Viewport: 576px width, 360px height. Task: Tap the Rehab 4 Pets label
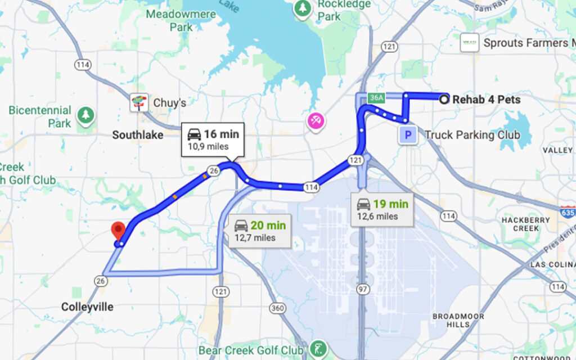(x=486, y=100)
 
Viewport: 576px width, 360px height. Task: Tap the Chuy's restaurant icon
(x=138, y=103)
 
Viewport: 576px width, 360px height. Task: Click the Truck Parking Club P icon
(x=408, y=135)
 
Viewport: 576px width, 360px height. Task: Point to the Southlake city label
(x=137, y=135)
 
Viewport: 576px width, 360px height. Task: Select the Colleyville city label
(x=87, y=307)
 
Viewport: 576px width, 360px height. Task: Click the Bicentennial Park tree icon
(x=85, y=115)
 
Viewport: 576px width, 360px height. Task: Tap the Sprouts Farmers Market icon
(x=469, y=43)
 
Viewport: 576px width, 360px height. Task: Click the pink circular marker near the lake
(x=314, y=120)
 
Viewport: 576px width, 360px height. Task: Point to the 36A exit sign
(x=376, y=98)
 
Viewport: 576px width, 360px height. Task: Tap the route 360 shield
(x=277, y=308)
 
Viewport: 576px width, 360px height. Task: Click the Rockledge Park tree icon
(x=303, y=8)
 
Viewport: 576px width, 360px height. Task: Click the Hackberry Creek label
(x=521, y=224)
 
